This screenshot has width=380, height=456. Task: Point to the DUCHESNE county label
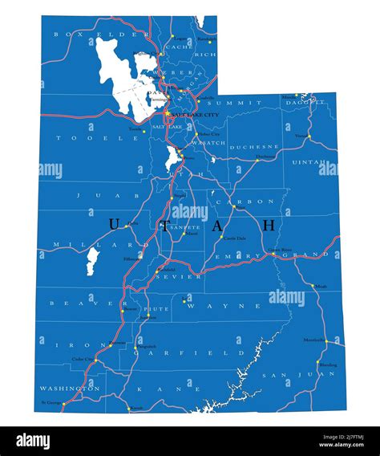point(253,147)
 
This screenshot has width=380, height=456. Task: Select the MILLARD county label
point(75,244)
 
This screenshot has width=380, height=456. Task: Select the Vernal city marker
point(309,136)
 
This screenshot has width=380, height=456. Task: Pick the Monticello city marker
point(326,341)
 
